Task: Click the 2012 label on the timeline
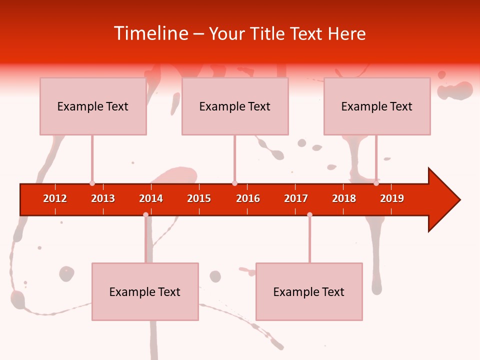(x=55, y=198)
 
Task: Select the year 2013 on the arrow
(x=103, y=198)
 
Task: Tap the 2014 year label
(x=151, y=198)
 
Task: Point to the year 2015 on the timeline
(x=199, y=198)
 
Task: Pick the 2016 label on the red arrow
(x=248, y=198)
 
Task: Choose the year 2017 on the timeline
(x=296, y=198)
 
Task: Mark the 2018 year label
(x=344, y=198)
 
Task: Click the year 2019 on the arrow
(x=392, y=198)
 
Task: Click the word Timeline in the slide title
(x=150, y=33)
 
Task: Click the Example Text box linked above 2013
(x=93, y=106)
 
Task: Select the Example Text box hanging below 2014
(x=145, y=291)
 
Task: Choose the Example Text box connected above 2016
(x=235, y=106)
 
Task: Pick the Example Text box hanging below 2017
(x=309, y=291)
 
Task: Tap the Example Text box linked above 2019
(x=377, y=106)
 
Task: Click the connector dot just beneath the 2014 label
(x=145, y=214)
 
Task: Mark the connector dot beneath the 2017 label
(x=309, y=214)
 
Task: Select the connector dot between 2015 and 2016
(x=234, y=183)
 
